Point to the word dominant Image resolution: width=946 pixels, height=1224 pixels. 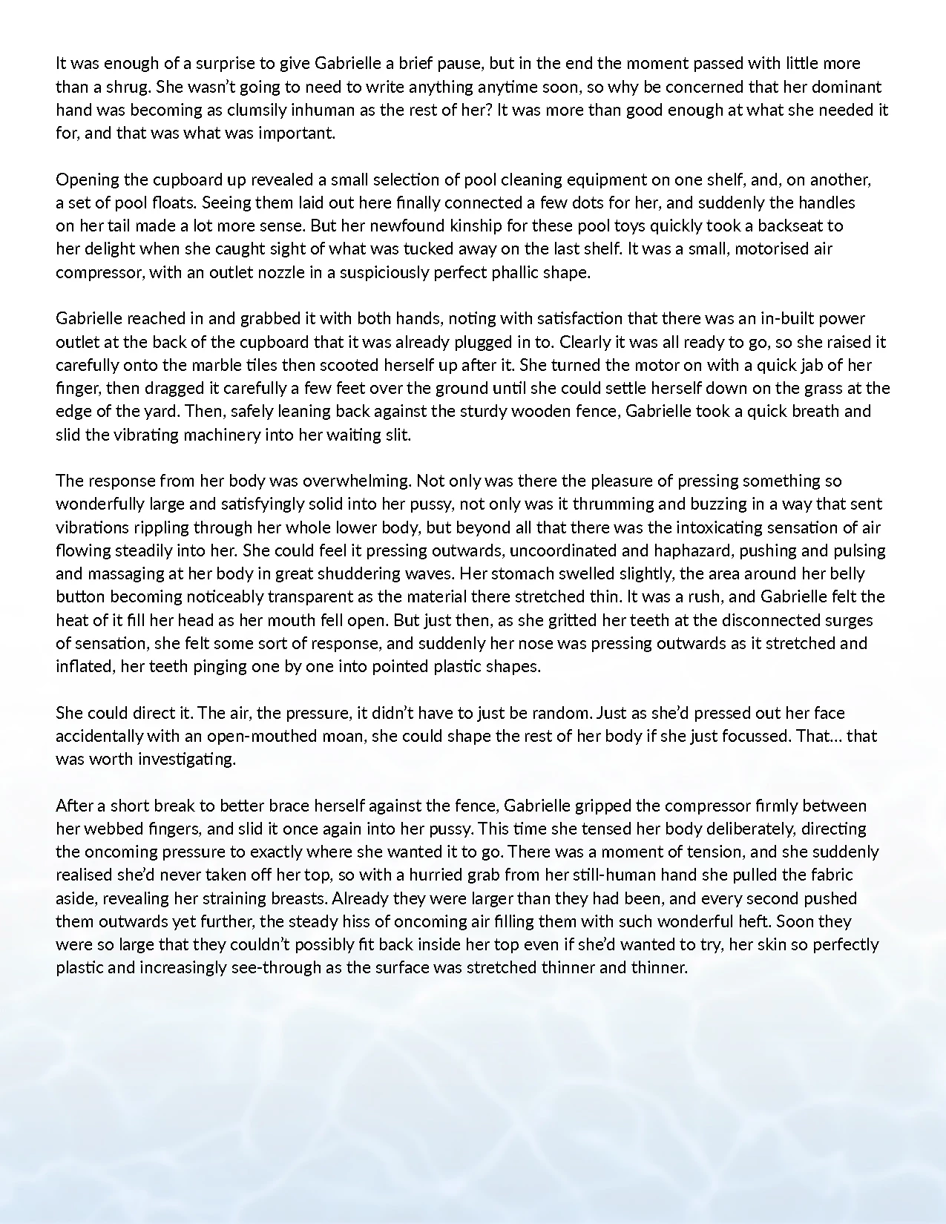[841, 87]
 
